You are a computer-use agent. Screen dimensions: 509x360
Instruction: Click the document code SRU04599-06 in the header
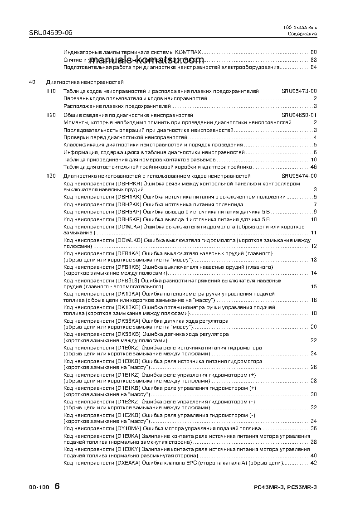(x=50, y=32)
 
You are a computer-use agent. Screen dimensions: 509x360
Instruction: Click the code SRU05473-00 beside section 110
(x=299, y=92)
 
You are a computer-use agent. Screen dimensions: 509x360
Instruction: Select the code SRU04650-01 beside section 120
(x=299, y=115)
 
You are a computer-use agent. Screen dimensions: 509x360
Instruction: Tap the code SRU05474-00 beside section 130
(x=299, y=176)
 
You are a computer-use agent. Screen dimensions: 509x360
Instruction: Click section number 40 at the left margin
(x=32, y=82)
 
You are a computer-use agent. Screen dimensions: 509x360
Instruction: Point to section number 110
(x=51, y=92)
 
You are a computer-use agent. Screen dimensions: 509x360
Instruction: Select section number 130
(x=51, y=176)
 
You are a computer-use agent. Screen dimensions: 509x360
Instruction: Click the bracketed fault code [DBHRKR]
(x=129, y=183)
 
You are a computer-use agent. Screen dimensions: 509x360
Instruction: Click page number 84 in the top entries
(x=313, y=68)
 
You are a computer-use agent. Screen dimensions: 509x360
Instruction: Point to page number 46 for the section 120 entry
(x=313, y=167)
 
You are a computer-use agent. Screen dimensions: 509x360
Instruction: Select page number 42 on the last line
(x=313, y=463)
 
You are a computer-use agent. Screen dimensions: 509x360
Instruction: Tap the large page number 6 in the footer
(x=57, y=486)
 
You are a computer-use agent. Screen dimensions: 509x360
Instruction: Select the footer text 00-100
(x=39, y=488)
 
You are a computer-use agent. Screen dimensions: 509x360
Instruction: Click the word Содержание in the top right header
(x=302, y=34)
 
